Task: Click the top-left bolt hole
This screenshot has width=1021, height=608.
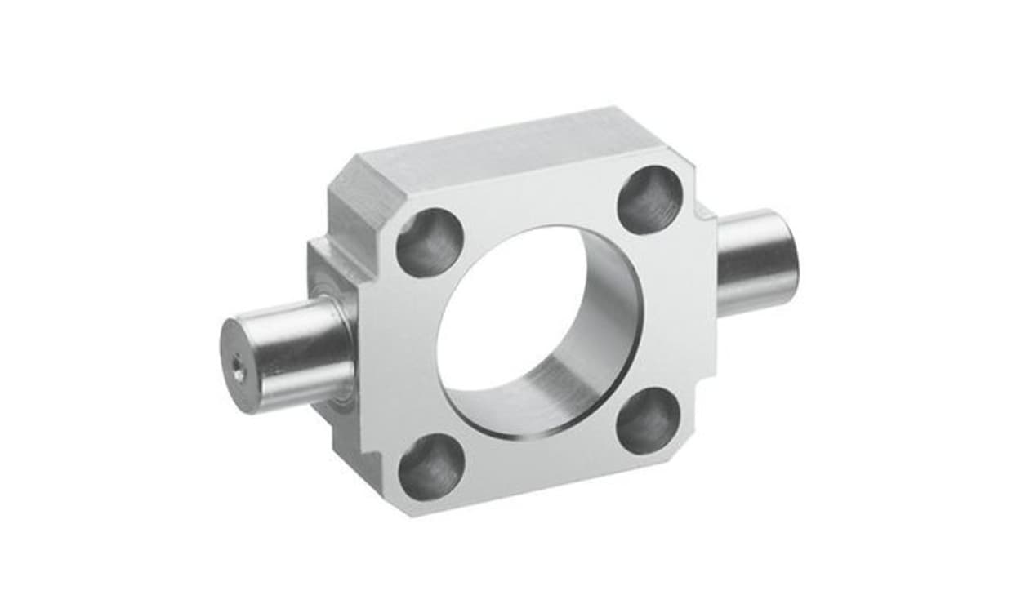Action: click(x=430, y=242)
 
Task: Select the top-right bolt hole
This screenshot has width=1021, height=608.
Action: click(x=650, y=200)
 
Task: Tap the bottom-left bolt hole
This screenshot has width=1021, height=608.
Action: click(x=430, y=467)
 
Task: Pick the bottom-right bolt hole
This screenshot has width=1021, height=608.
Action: click(x=649, y=421)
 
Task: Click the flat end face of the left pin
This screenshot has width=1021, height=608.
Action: click(x=239, y=366)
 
